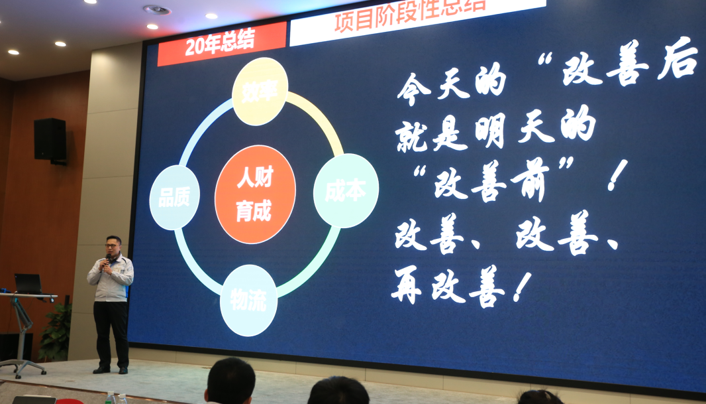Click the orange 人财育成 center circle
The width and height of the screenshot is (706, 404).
255,194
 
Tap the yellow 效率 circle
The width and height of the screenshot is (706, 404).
260,92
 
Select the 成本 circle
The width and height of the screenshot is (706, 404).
346,191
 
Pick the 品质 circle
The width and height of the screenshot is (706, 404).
174,198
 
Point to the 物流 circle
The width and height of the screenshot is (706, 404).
248,301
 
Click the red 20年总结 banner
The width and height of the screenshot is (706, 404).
222,44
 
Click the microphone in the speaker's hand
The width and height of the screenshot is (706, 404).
107,259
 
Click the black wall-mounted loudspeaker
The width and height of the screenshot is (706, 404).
50,140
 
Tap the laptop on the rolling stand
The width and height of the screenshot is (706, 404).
28,285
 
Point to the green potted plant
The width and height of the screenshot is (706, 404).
56,332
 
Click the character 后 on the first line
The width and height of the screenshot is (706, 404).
678,58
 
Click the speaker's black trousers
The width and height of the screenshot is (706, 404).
111,334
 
